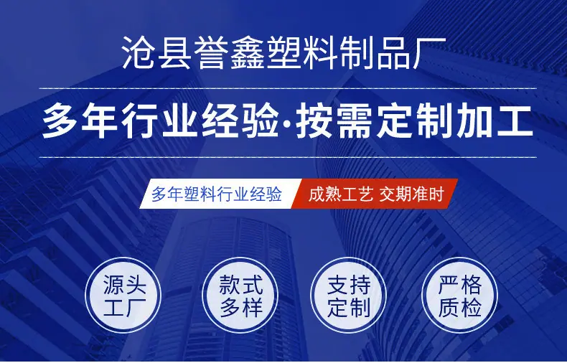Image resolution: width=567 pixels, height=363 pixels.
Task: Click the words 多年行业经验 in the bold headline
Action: [160, 122]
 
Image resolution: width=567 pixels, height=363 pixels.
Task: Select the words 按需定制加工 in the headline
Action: [415, 122]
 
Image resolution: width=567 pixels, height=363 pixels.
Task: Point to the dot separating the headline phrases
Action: [288, 123]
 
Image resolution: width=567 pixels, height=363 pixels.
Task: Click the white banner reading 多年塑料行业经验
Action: [220, 194]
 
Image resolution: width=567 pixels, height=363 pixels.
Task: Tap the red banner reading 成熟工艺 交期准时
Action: [375, 194]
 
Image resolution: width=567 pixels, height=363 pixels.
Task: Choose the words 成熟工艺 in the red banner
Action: [341, 194]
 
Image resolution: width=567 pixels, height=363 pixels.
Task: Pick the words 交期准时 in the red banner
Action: [411, 194]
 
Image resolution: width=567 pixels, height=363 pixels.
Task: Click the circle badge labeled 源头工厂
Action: [123, 295]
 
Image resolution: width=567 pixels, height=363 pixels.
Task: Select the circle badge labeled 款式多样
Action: [240, 295]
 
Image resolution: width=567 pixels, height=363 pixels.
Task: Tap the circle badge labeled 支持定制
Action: [349, 295]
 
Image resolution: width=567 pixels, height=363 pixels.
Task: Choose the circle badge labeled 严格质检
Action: [460, 295]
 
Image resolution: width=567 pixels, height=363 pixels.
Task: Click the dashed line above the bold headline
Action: [288, 88]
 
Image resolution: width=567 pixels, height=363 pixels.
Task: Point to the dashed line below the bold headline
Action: [288, 157]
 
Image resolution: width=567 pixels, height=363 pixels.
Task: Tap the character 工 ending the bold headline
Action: [516, 122]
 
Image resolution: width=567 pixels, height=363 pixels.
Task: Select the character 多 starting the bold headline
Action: [60, 122]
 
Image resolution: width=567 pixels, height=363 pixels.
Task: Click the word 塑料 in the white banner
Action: [200, 194]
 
